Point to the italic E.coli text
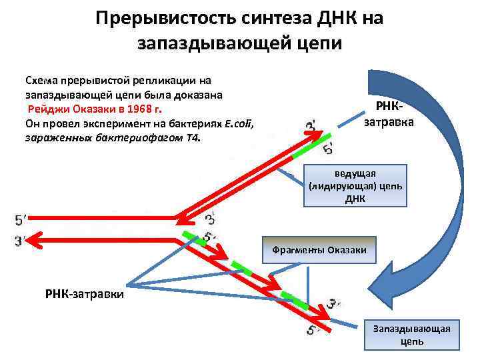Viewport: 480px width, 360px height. [239, 123]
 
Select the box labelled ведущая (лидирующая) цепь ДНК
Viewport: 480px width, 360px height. [355, 186]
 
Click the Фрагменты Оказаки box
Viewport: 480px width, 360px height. [319, 250]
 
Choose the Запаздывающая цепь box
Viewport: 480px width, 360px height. [411, 335]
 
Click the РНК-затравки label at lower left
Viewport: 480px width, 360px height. [84, 293]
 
